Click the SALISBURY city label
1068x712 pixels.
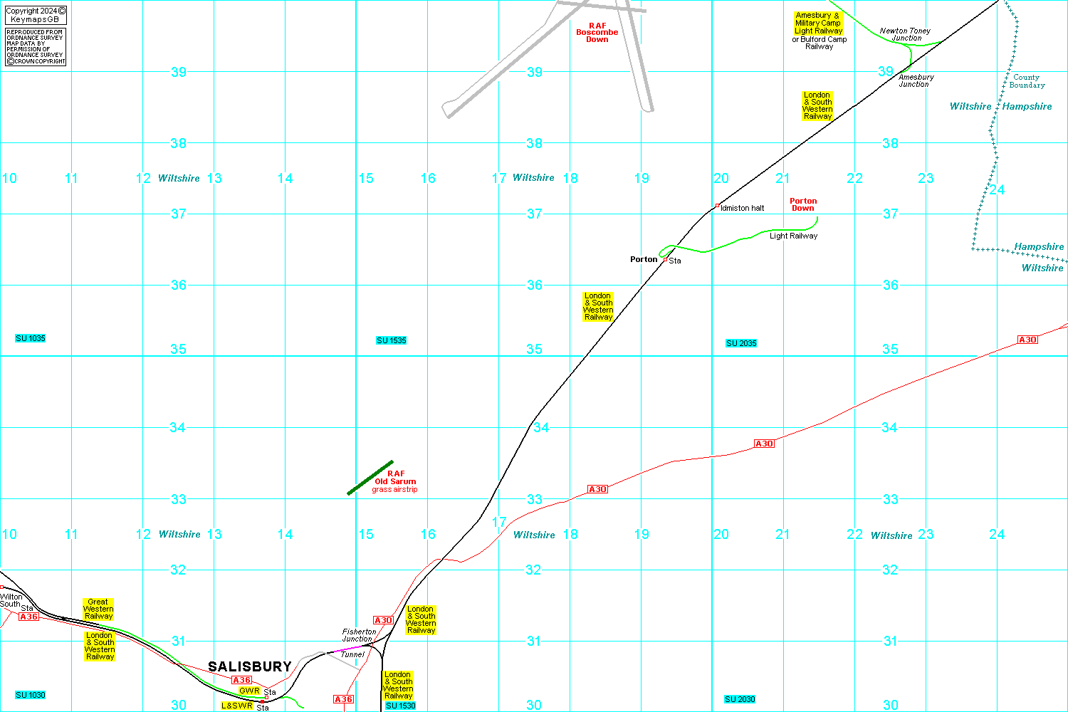(249, 666)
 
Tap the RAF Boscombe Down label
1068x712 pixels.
(597, 33)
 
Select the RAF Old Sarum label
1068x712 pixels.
(396, 478)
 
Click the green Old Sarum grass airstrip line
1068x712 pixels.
(370, 478)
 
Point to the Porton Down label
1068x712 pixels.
(803, 204)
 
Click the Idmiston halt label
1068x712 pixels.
(742, 208)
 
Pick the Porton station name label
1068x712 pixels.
(644, 259)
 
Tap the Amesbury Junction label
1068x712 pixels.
(916, 80)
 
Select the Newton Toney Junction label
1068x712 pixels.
(905, 34)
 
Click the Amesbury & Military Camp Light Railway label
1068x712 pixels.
(818, 23)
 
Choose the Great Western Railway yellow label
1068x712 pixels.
(98, 609)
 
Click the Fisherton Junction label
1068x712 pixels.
(359, 635)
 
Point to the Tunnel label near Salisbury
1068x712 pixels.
(352, 654)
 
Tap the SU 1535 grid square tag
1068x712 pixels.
(392, 340)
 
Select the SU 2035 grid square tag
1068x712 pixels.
(741, 343)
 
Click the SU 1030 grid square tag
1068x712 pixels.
(31, 695)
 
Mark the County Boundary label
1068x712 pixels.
(1027, 81)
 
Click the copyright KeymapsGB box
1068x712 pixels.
(36, 15)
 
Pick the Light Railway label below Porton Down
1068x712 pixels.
(793, 236)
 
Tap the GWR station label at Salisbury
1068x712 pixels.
(249, 691)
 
